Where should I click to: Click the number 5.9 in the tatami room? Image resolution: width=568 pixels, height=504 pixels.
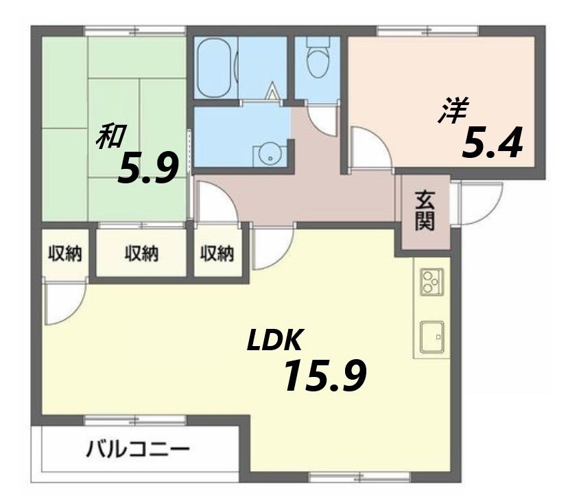point(148,169)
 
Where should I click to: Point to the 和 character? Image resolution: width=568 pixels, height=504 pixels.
point(109,136)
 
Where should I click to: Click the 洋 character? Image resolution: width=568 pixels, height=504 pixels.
point(453,111)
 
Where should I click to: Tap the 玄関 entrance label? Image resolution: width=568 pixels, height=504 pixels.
point(425,211)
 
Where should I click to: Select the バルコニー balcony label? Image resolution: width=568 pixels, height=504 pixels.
point(138,451)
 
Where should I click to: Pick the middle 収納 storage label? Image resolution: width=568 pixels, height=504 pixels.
point(141,254)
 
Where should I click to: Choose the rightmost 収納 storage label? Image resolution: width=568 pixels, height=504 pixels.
point(217,254)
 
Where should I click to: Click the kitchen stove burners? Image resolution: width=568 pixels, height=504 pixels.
point(431,281)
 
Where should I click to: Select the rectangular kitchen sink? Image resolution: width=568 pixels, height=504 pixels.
point(431,336)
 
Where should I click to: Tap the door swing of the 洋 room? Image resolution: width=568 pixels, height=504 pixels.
point(367,148)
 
